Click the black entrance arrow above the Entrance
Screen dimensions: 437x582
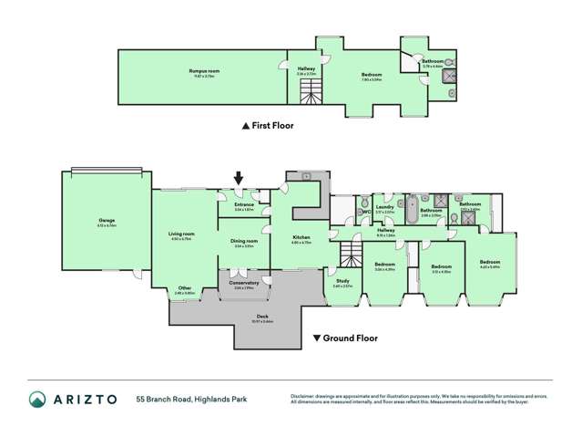pos(240,179)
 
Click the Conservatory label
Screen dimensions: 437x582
pos(245,283)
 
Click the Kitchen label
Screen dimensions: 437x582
pos(301,239)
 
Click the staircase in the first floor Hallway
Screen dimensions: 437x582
pos(312,89)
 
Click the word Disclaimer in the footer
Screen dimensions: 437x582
pos(304,394)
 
